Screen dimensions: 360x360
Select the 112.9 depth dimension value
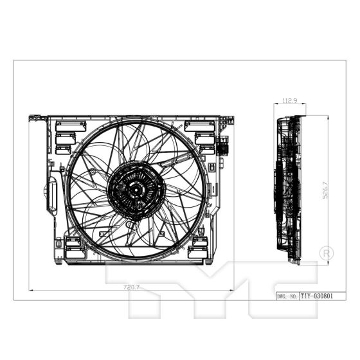point(289,100)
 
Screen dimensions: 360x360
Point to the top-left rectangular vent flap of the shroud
point(66,126)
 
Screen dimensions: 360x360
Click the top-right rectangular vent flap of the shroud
point(195,126)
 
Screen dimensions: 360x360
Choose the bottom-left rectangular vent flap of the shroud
point(73,244)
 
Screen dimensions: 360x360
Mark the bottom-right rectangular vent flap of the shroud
point(199,244)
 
